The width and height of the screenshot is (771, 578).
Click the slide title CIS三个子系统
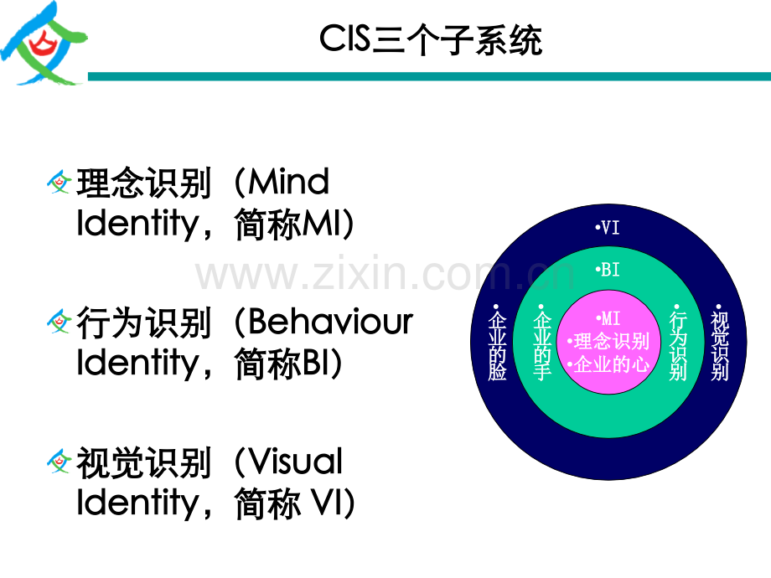coord(431,39)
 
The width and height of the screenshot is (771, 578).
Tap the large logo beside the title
coord(44,44)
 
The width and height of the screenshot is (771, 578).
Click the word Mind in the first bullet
coord(288,182)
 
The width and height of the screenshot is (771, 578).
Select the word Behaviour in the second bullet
coord(330,322)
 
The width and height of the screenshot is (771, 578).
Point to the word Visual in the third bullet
coord(295,462)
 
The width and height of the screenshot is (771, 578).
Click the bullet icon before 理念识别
coord(59,182)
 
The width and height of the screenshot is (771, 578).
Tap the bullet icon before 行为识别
coord(59,322)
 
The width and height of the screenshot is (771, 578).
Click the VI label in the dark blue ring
coord(608,228)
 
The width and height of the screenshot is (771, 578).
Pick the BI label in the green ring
coord(608,270)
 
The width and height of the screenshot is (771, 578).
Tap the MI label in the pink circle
coord(608,318)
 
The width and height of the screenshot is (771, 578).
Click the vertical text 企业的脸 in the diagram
coord(497,343)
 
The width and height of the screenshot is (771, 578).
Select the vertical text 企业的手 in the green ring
coord(542,343)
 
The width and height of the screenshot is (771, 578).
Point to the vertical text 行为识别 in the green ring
coord(678,343)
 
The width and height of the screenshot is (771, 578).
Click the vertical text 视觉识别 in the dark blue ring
coord(719,343)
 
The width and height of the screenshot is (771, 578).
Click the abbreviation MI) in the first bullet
coord(328,224)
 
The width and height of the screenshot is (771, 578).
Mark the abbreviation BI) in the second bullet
coord(322,364)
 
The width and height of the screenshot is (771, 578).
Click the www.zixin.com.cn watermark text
coord(385,273)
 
